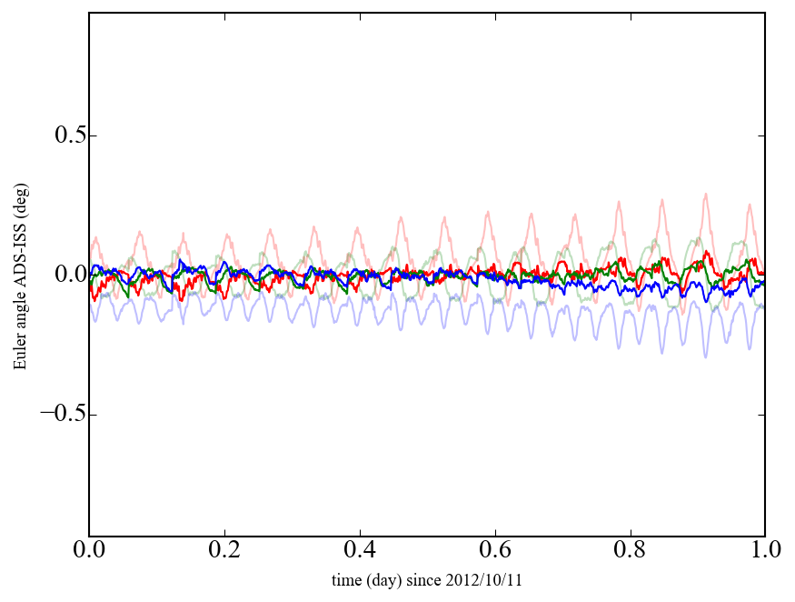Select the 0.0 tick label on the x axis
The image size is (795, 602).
(89, 552)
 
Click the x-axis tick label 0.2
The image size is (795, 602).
(224, 552)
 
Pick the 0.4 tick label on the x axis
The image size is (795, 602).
(360, 552)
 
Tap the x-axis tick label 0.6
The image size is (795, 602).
(495, 552)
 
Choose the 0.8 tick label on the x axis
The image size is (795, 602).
(630, 552)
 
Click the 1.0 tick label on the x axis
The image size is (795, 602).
(765, 552)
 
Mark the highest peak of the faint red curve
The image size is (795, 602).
(704, 194)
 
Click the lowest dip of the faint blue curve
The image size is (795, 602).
(704, 356)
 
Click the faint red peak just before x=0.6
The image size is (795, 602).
(487, 212)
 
